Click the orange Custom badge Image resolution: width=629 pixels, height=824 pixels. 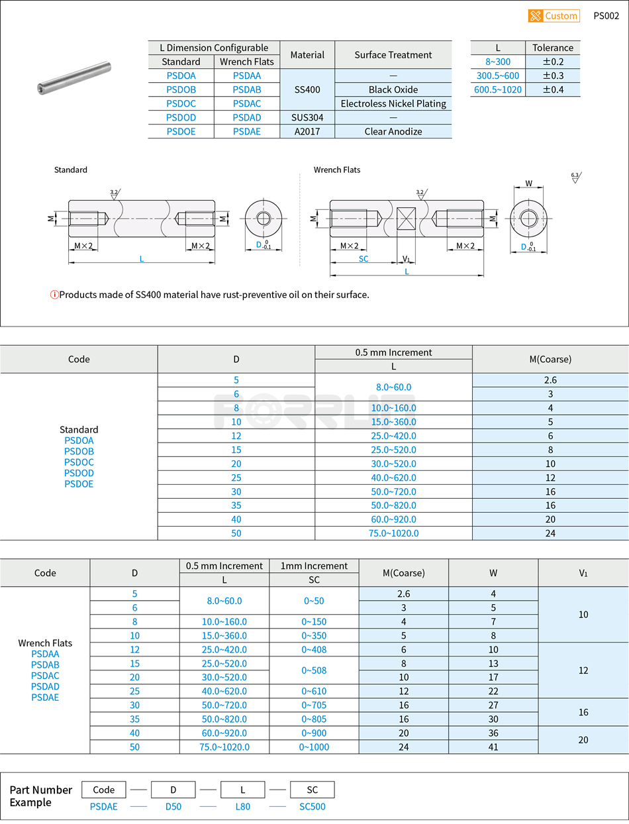554,16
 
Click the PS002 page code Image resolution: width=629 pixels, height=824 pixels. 606,16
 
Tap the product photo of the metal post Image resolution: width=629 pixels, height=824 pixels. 73,77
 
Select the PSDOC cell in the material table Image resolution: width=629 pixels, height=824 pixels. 181,103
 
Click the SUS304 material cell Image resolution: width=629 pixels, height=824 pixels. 307,117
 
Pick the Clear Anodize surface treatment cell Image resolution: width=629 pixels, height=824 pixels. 393,131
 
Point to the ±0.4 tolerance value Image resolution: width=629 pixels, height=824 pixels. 552,89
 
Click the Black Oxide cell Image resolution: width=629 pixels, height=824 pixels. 393,89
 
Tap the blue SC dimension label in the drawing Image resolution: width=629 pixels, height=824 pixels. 363,259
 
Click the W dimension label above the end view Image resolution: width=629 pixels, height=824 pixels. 528,183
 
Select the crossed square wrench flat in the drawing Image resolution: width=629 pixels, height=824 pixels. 406,219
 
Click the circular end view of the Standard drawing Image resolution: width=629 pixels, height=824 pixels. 264,219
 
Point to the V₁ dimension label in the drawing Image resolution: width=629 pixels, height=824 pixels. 406,259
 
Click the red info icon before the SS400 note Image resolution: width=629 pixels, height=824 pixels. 54,295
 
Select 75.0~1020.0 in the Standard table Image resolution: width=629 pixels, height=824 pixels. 393,533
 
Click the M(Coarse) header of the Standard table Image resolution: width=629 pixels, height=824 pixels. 550,359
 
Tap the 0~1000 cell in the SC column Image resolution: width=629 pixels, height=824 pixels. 314,747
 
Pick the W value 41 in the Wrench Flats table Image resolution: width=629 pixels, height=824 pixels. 493,747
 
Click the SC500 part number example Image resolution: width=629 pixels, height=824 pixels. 312,806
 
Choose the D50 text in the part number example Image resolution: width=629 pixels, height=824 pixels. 173,806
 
